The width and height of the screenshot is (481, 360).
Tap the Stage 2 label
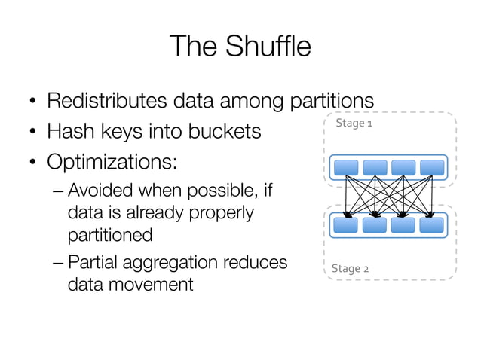coord(351,268)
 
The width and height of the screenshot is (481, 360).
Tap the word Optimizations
coord(112,163)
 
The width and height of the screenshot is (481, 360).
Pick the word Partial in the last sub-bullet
coord(93,262)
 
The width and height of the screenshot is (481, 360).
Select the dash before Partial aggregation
coord(58,262)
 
